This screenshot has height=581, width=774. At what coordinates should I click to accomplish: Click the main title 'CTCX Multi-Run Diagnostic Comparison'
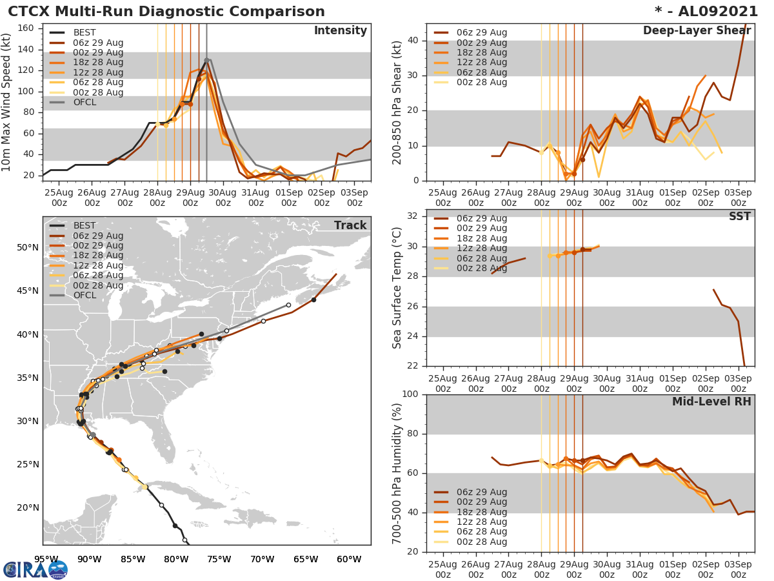166,12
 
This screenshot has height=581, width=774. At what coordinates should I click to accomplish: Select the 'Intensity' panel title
340,31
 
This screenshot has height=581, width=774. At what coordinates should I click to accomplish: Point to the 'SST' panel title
739,217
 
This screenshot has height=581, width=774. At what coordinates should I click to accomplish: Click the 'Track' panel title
350,225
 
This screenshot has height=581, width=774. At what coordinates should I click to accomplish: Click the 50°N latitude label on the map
27,248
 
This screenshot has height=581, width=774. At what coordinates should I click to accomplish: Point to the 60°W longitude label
349,559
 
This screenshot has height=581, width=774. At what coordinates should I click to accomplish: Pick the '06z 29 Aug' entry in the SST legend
481,218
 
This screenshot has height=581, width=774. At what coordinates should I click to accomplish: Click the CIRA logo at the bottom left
35,569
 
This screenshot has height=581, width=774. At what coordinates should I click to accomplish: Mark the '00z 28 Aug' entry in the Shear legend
481,83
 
